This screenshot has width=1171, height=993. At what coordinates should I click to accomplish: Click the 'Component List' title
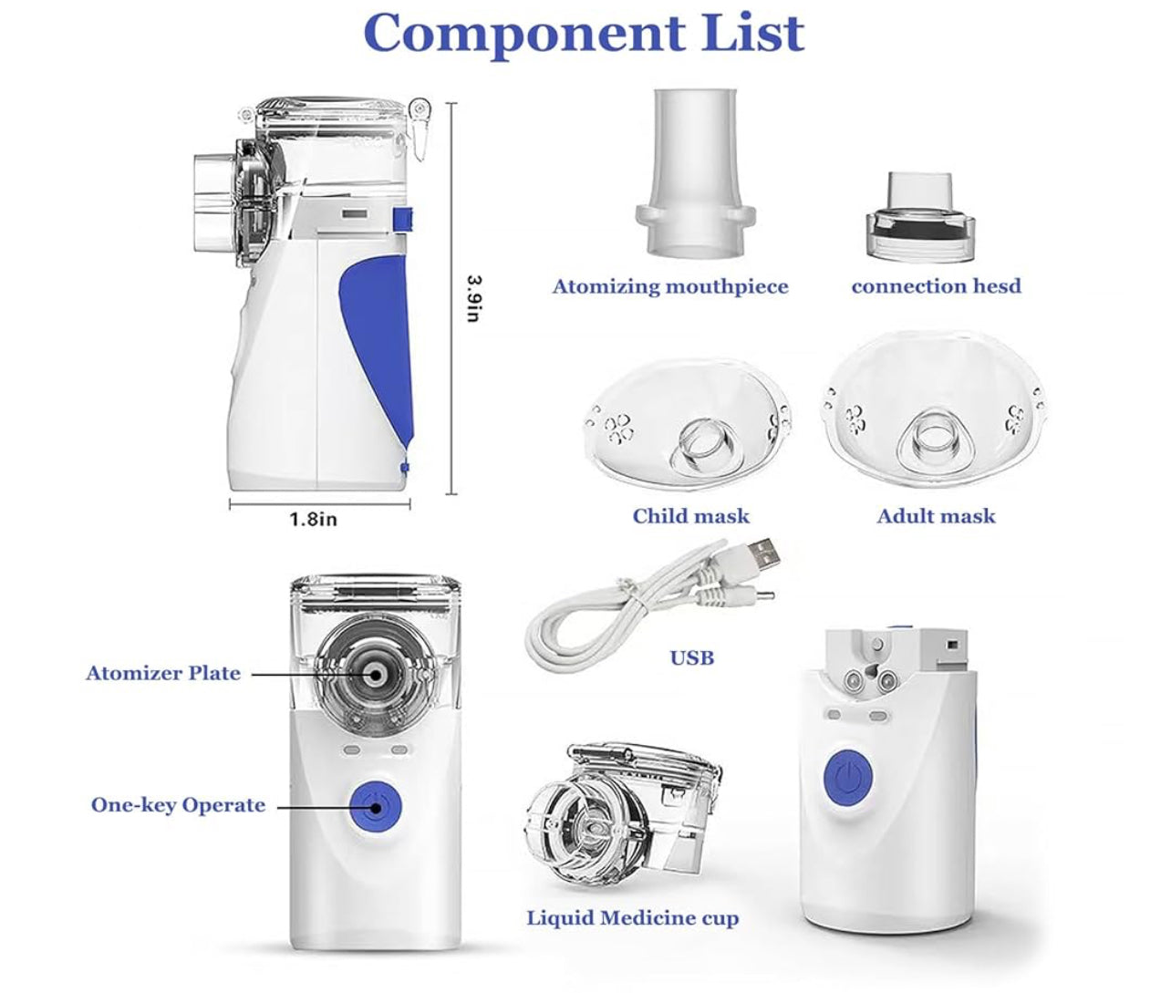click(x=584, y=33)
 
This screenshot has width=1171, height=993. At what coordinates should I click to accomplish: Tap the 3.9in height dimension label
click(x=474, y=298)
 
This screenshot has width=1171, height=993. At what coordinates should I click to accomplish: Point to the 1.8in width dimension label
click(x=314, y=519)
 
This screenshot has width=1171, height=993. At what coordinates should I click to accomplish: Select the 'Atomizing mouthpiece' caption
click(x=670, y=286)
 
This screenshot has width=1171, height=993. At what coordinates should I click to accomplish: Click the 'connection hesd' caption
click(x=937, y=285)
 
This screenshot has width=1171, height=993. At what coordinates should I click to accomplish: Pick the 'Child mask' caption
click(x=690, y=516)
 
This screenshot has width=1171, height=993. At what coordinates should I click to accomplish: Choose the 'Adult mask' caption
click(x=936, y=516)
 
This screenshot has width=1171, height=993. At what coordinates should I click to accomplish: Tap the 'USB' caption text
click(x=691, y=657)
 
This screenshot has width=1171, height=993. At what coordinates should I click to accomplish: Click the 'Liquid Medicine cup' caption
click(x=633, y=918)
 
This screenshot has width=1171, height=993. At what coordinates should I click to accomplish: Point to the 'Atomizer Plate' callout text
click(x=163, y=674)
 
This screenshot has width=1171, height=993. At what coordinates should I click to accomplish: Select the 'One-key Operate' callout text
click(x=178, y=805)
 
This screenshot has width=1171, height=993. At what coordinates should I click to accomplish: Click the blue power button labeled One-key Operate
click(x=376, y=808)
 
